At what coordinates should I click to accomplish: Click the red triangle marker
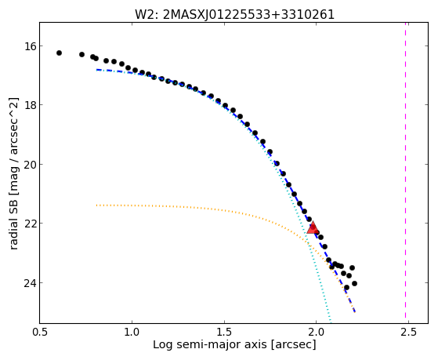click(313, 227)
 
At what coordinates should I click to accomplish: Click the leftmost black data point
click(59, 53)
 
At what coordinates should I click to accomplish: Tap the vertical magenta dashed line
click(405, 173)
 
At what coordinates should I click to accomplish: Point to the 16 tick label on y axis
click(29, 45)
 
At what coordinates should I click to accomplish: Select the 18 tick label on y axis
click(29, 105)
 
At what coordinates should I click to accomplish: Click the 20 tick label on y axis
click(29, 164)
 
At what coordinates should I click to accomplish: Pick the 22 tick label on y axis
click(29, 224)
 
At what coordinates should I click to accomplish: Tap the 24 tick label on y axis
click(29, 283)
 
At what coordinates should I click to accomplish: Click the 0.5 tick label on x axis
click(40, 333)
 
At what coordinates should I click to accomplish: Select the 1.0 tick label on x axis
click(132, 333)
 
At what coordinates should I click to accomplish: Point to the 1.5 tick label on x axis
click(224, 333)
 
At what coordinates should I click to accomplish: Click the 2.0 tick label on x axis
click(317, 333)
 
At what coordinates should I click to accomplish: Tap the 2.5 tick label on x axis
click(408, 333)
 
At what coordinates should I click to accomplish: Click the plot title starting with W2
click(234, 15)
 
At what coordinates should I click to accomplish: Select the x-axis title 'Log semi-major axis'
click(210, 344)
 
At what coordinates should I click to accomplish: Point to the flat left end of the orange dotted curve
click(96, 205)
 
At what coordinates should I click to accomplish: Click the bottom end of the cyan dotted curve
click(331, 322)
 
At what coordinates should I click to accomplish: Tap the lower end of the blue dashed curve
click(354, 311)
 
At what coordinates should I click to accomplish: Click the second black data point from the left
click(81, 54)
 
